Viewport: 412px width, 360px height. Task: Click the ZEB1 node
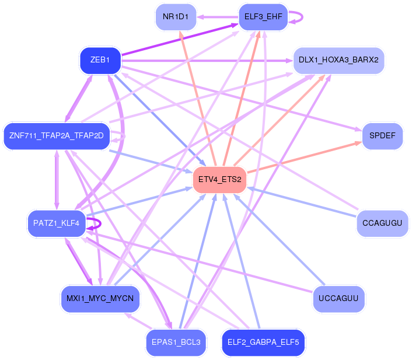pyautogui.click(x=100, y=60)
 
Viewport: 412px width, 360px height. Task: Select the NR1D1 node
pyautogui.click(x=176, y=17)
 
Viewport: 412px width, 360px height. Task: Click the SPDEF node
pyautogui.click(x=382, y=136)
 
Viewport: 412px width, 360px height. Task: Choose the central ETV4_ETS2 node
pyautogui.click(x=219, y=179)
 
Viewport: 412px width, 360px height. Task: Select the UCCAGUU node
pyautogui.click(x=338, y=299)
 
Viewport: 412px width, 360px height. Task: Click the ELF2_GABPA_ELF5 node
pyautogui.click(x=263, y=342)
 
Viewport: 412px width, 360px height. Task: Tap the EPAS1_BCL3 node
pyautogui.click(x=176, y=342)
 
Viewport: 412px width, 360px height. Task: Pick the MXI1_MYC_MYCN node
pyautogui.click(x=100, y=299)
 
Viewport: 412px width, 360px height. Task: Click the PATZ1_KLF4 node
pyautogui.click(x=57, y=223)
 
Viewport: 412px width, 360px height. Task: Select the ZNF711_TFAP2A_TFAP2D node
pyautogui.click(x=57, y=136)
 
